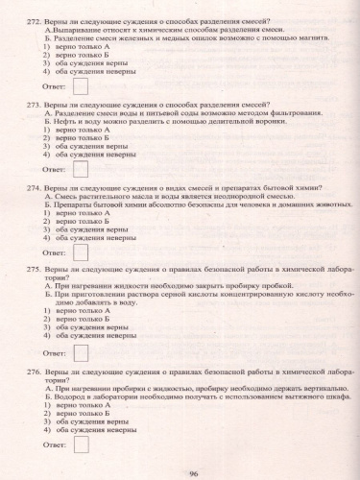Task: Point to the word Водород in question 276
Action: [69, 394]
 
